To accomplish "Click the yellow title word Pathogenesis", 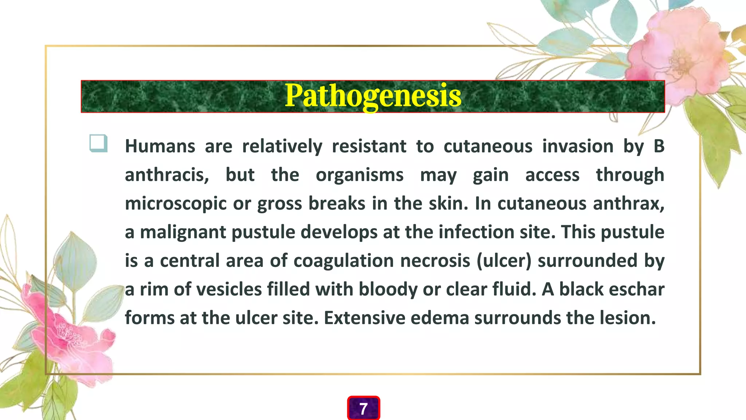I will (x=373, y=96).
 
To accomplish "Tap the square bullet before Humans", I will (x=98, y=143).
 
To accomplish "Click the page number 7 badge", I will (x=364, y=408).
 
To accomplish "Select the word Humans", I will (x=160, y=147).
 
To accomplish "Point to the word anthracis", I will (x=167, y=175).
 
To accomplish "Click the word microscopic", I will (x=176, y=203).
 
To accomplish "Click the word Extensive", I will (x=364, y=318).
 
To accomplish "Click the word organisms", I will (x=360, y=175).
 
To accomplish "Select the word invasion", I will (x=578, y=147).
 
